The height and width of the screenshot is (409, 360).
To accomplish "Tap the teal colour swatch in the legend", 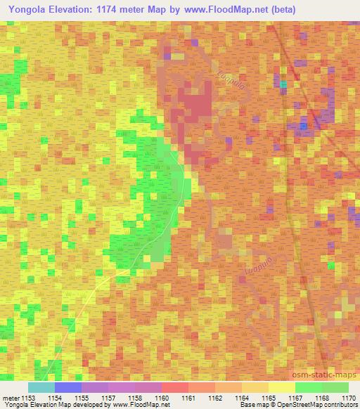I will point(41,387).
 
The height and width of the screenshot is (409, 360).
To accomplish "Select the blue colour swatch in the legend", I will point(68,387).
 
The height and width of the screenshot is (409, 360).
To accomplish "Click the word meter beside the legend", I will point(10,398).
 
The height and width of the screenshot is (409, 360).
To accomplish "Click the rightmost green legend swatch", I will point(335,387).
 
